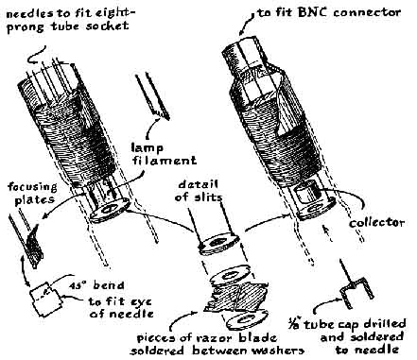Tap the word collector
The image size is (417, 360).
tap(377, 222)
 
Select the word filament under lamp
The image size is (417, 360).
tap(165, 160)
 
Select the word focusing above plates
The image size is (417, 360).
tap(32, 187)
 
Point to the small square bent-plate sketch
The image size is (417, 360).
tap(46, 298)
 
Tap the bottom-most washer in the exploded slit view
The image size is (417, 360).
tap(246, 320)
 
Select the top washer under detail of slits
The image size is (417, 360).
tap(218, 243)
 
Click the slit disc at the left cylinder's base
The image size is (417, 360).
tap(110, 209)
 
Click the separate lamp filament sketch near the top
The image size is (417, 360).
tap(152, 96)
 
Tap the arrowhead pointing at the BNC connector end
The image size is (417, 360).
tap(243, 30)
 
